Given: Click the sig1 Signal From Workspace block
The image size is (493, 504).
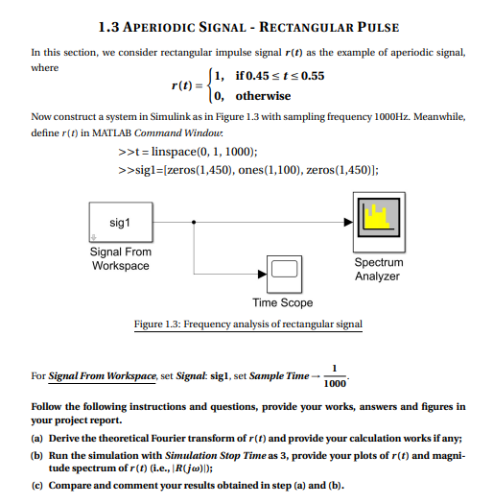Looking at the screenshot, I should click(121, 223).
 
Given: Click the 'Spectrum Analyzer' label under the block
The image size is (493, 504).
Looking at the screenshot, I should click(379, 269).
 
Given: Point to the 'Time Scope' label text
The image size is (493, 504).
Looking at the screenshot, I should click(283, 303).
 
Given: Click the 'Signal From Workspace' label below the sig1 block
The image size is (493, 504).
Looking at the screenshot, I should click(120, 259).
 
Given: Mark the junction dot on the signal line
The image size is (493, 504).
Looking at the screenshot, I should click(196, 222).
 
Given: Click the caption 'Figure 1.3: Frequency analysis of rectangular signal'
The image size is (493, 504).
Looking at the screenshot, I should click(248, 324).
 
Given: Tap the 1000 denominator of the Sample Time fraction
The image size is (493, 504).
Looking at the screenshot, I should click(335, 384).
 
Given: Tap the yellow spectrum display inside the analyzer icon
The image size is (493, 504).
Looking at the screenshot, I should click(378, 220).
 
